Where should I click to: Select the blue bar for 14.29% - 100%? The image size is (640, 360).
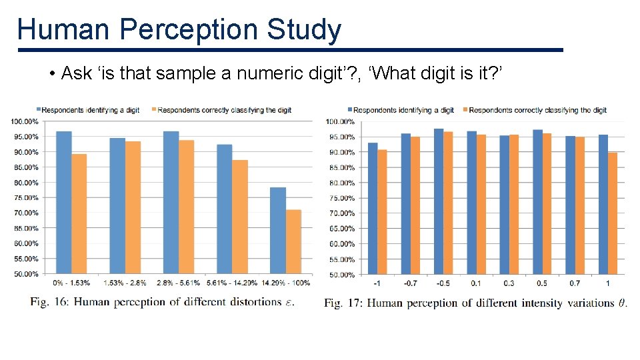coord(277,230)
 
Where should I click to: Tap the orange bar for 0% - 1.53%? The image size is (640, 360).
coord(79,213)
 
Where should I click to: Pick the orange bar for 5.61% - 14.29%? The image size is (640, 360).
coord(240,217)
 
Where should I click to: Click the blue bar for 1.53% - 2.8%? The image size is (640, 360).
coord(117,205)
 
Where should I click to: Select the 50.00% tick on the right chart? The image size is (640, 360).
coord(340,275)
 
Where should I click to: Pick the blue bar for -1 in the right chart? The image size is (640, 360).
coord(373,208)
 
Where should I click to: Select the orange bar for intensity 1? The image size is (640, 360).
coord(613,213)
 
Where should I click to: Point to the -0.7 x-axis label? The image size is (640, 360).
coord(411,283)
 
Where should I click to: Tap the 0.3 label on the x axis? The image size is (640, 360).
coord(509,283)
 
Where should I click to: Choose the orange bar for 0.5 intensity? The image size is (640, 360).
coord(547,203)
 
